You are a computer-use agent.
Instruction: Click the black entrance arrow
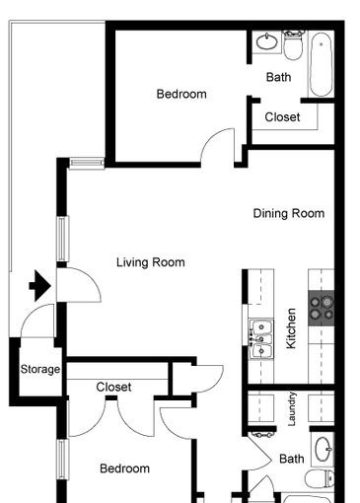point(40,286)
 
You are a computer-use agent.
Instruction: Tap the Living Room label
point(151,262)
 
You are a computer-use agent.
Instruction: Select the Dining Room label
point(289,213)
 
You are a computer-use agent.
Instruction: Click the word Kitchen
point(291,328)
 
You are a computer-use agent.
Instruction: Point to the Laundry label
point(292,408)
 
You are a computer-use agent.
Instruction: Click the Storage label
point(40,369)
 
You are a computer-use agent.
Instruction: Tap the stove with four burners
point(322,308)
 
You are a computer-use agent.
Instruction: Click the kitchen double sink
point(261,338)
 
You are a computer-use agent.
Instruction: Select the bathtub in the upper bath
point(321,64)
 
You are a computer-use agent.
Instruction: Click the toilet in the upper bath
point(294,45)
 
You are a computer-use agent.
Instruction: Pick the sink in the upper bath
point(266,41)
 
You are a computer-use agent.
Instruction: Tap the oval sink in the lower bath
point(324,450)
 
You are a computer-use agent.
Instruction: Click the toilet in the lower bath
point(320,479)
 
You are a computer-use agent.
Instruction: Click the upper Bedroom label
point(181,94)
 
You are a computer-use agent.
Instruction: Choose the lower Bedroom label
point(124,468)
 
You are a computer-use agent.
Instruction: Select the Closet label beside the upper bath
point(282,117)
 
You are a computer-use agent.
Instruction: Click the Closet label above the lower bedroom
point(113,387)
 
